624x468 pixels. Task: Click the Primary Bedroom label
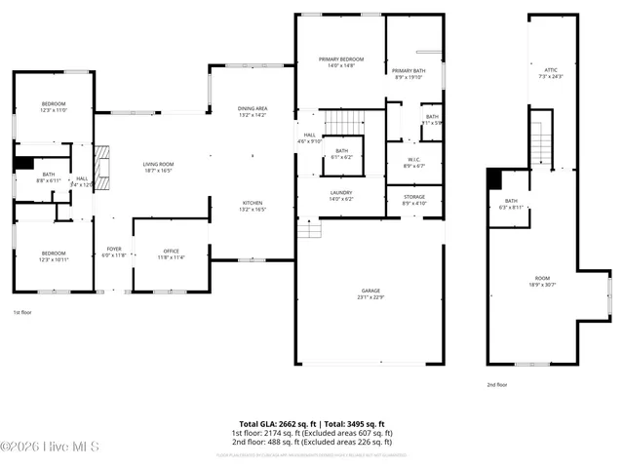coord(340,59)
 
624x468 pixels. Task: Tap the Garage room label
coord(370,291)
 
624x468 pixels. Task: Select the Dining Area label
coord(253,108)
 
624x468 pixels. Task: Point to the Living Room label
coord(158,165)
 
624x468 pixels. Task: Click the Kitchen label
coord(253,203)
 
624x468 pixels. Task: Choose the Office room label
coord(171,252)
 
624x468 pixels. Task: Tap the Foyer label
coord(114,250)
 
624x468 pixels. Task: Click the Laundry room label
coord(340,193)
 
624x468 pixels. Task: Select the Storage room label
coord(414,197)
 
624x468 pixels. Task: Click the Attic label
coord(551,70)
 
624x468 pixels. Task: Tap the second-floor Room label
coord(542,278)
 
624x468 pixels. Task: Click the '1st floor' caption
coord(23,312)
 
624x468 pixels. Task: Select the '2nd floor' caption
coord(497,384)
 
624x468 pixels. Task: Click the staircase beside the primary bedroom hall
coord(343,123)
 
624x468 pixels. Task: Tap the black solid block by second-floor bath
coord(494,178)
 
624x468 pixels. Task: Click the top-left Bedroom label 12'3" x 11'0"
coord(53,104)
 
